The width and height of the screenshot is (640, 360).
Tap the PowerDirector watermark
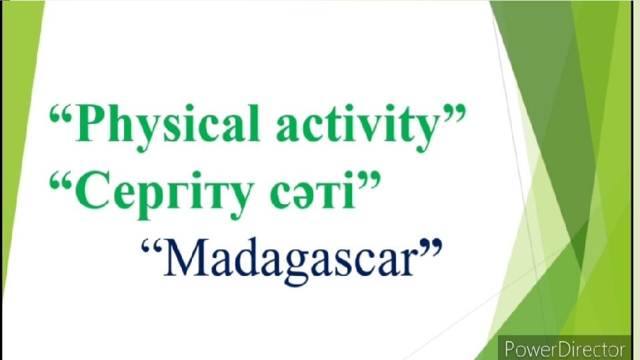pos(565,349)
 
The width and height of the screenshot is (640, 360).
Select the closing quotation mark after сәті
pos(369,181)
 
